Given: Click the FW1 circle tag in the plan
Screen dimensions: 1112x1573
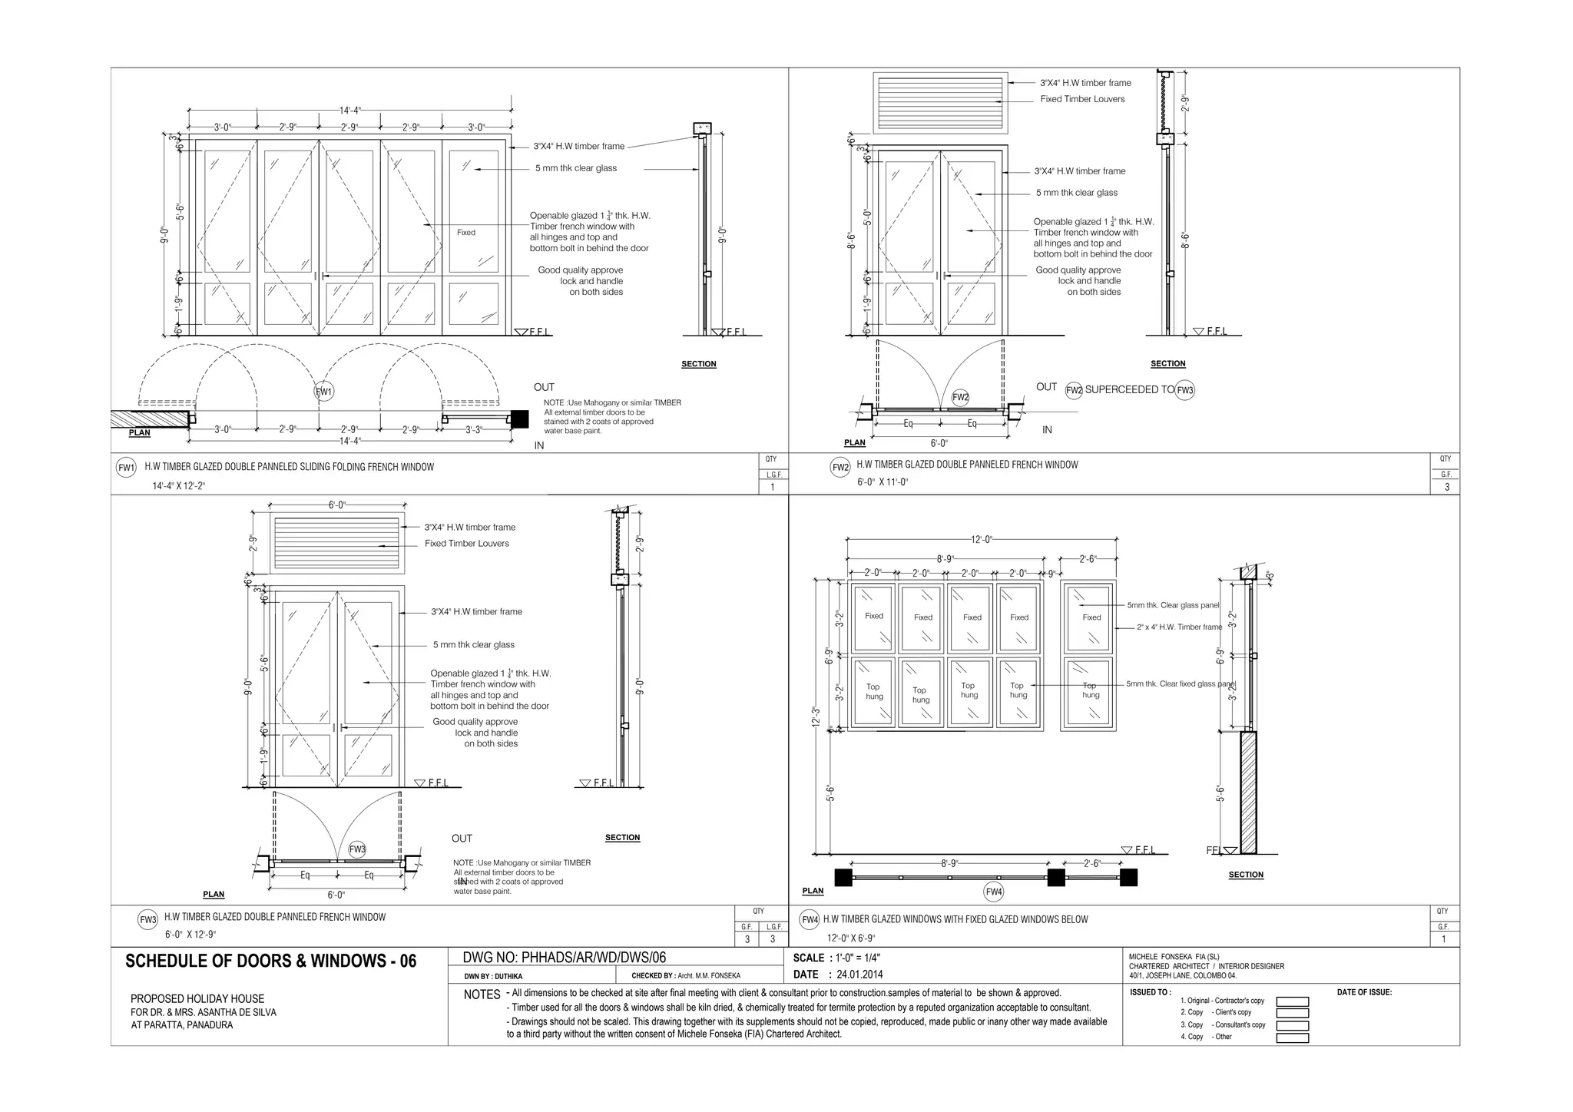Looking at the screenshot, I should coord(324,392).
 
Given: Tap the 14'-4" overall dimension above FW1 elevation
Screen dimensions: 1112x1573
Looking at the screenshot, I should coord(349,110).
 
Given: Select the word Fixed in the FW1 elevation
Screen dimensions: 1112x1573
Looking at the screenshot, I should coord(466,233).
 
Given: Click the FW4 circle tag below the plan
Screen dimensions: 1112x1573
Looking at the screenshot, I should coord(994,892).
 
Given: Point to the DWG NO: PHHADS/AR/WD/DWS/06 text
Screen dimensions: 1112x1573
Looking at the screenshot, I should coord(565,958).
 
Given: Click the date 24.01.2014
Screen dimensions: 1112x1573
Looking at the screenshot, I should coord(859,975).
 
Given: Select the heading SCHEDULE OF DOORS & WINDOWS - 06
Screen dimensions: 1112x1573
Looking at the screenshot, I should coord(271,961).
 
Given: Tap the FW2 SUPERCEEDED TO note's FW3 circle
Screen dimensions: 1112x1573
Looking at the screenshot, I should coord(1185,390).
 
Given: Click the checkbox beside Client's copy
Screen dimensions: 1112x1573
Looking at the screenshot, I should coord(1292,1013).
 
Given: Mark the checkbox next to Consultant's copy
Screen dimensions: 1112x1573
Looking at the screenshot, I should coord(1292,1025).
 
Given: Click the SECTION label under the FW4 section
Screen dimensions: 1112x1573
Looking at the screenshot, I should coord(1246,875).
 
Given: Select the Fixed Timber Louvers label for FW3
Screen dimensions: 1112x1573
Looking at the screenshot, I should coord(467,544).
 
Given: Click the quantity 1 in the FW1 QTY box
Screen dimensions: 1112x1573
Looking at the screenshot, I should coord(773,487).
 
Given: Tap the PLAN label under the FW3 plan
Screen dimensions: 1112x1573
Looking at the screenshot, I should coord(214,895).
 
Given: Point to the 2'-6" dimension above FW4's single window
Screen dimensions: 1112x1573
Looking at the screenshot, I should coord(1088,559).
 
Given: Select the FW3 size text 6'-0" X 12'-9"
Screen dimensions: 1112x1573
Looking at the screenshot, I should coord(190,935).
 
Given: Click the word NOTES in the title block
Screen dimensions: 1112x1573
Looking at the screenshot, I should coord(482,995).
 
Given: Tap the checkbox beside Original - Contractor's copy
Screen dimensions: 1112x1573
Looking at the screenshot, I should coord(1292,1001).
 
